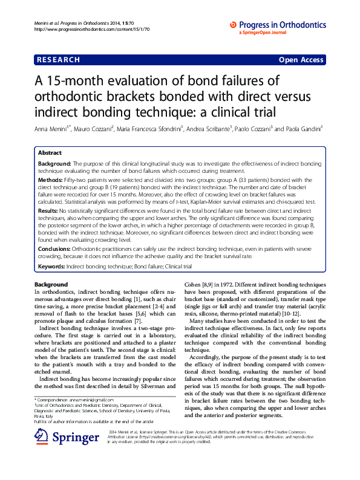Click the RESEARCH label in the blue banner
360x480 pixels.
[x=58, y=60]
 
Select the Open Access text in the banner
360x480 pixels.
[x=301, y=60]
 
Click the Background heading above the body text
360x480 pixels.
[x=51, y=284]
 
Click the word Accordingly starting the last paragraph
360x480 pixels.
[x=206, y=357]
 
